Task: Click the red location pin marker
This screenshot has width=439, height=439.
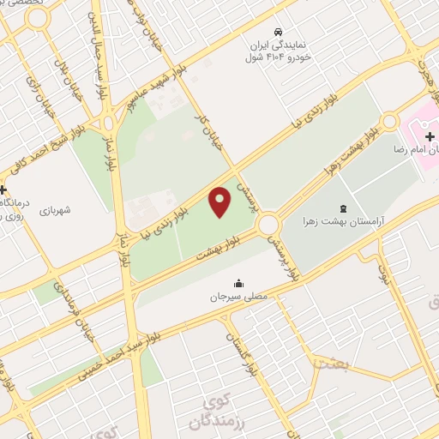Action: click(220, 202)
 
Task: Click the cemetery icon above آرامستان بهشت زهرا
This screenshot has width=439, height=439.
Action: click(344, 207)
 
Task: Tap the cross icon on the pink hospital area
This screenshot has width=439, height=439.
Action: click(430, 136)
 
